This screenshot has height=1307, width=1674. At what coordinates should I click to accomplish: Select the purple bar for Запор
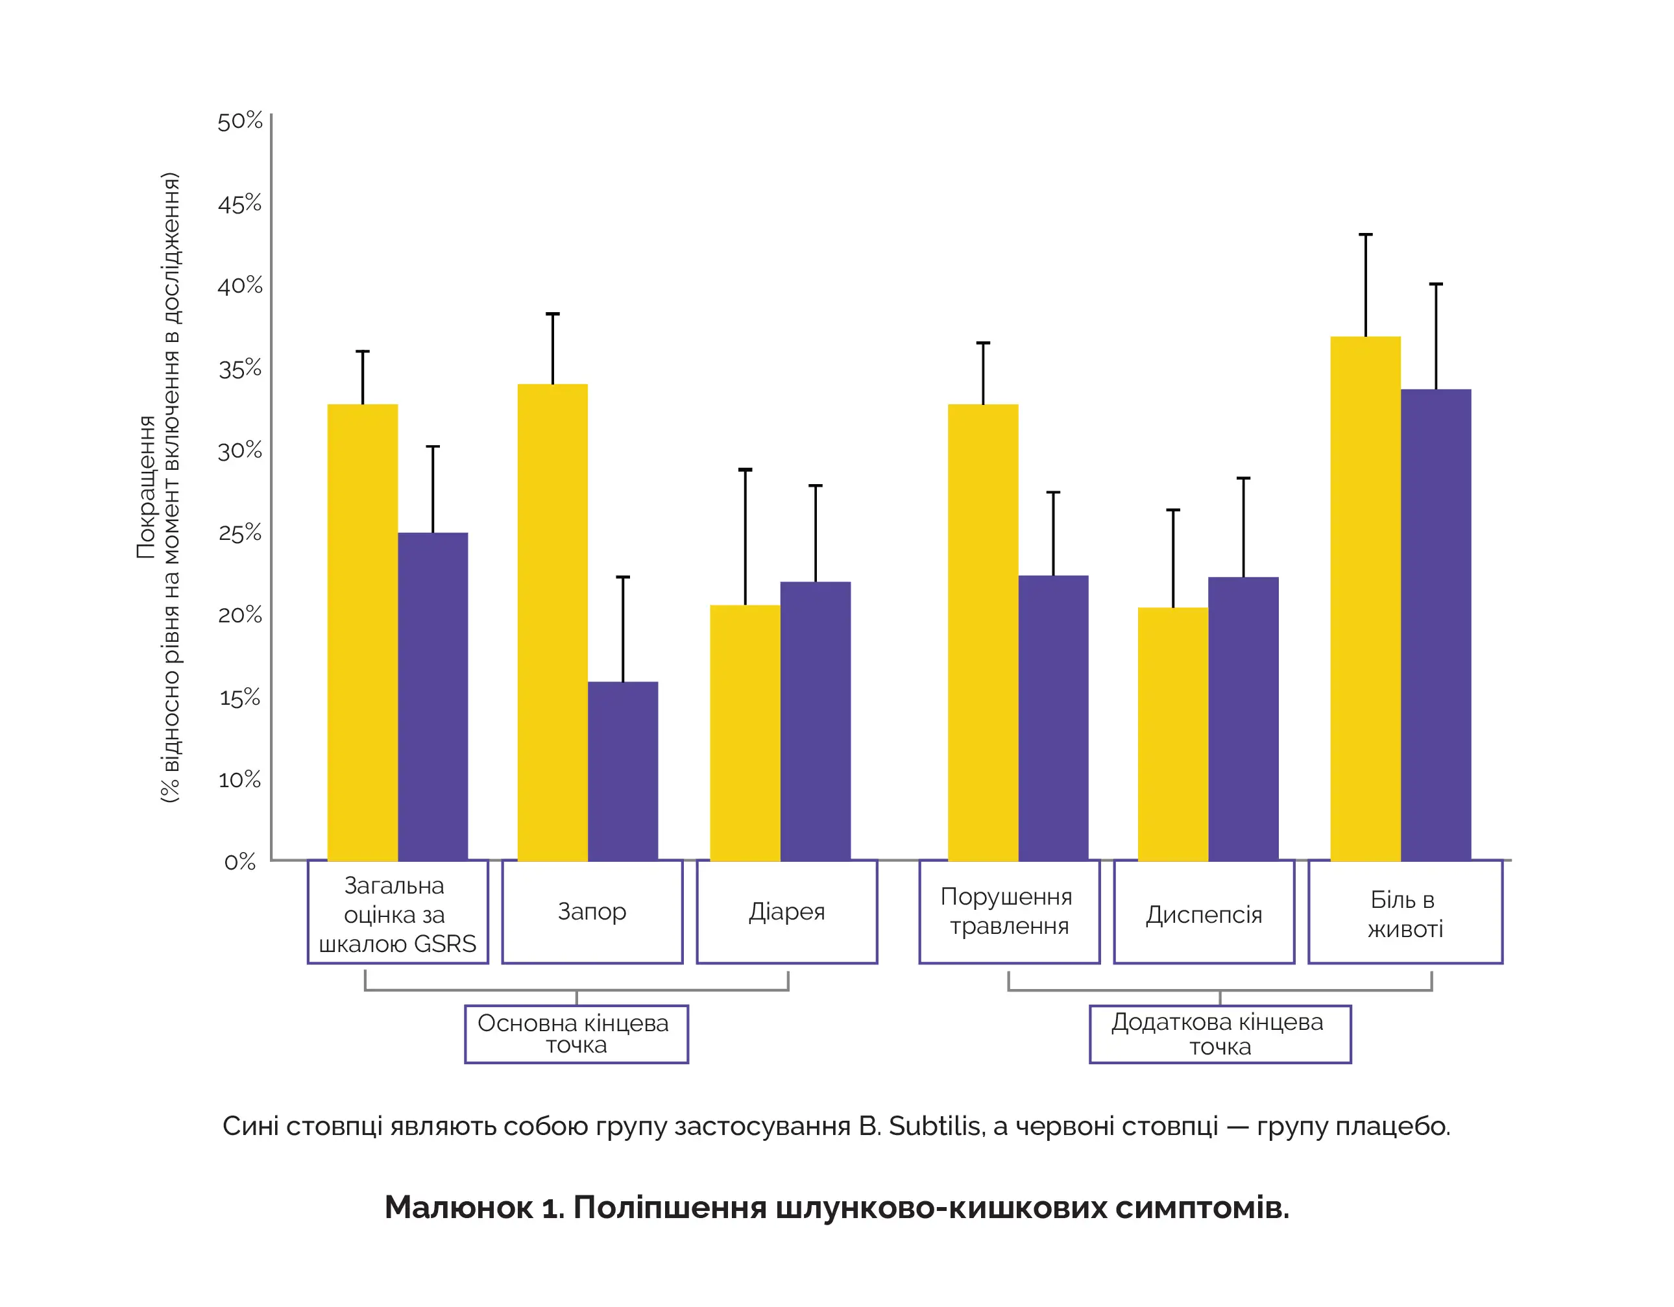click(x=622, y=770)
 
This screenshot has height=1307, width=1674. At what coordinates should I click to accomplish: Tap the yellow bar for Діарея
click(x=744, y=732)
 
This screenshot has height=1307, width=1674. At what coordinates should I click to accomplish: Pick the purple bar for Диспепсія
click(x=1243, y=718)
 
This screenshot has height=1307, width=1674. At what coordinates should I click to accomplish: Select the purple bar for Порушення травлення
click(x=1053, y=718)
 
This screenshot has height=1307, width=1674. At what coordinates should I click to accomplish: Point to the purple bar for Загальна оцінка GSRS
click(x=432, y=696)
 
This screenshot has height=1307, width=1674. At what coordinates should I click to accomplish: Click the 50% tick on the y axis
click(x=240, y=122)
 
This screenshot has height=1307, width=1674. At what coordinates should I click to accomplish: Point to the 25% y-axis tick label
click(x=240, y=533)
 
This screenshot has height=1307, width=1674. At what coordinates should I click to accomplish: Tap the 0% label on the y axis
click(x=240, y=862)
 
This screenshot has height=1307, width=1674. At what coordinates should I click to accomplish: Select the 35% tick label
click(x=240, y=369)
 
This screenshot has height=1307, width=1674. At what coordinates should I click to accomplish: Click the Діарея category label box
click(x=786, y=911)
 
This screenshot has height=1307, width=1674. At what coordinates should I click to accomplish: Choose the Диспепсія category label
click(x=1204, y=914)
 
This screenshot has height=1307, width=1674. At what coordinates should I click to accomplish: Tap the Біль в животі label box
click(x=1405, y=913)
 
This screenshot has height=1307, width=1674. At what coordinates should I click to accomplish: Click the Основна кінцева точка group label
click(x=576, y=1034)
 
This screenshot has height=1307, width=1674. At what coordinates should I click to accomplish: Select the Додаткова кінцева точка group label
click(x=1219, y=1034)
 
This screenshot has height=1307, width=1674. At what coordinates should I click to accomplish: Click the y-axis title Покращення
click(x=145, y=487)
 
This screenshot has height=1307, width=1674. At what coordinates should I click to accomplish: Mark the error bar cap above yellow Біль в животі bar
click(x=1365, y=234)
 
